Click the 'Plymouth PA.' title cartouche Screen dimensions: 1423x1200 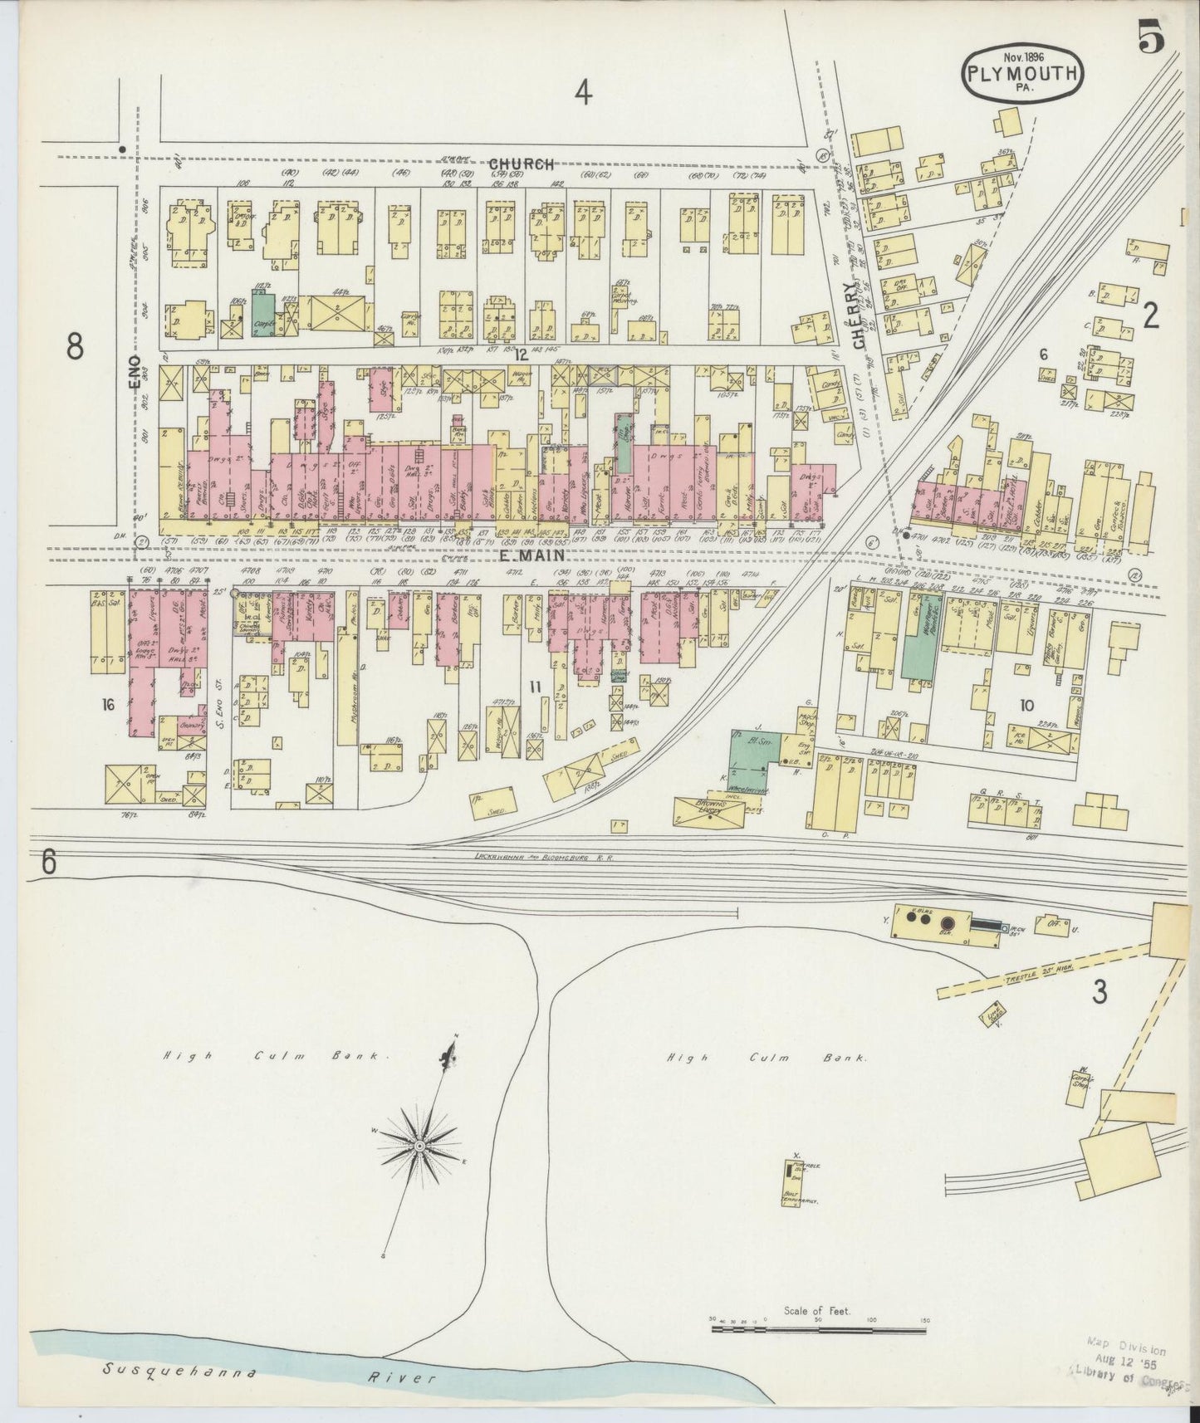point(1023,72)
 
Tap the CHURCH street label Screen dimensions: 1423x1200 point(521,164)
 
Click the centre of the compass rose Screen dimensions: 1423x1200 point(420,1146)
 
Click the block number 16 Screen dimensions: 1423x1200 point(107,704)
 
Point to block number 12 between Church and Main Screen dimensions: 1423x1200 point(521,354)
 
